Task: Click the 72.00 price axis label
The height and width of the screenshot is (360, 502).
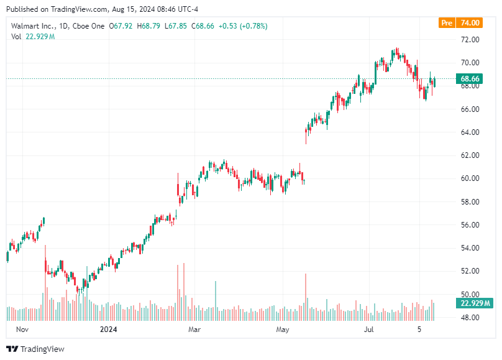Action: (469, 39)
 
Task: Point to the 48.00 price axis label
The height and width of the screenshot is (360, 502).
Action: (469, 317)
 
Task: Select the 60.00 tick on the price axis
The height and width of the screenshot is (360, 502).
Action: (469, 178)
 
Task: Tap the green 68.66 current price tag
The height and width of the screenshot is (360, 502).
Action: (469, 79)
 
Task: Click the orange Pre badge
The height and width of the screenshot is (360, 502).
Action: (446, 23)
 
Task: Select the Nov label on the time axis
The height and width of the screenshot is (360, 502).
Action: (22, 329)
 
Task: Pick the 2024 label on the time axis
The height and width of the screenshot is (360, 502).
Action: (108, 329)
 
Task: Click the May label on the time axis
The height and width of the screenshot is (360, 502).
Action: (283, 329)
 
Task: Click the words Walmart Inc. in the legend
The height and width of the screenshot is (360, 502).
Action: (32, 25)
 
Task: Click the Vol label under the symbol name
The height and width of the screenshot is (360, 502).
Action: (17, 37)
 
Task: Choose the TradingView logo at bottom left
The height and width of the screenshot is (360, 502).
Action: (35, 349)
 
